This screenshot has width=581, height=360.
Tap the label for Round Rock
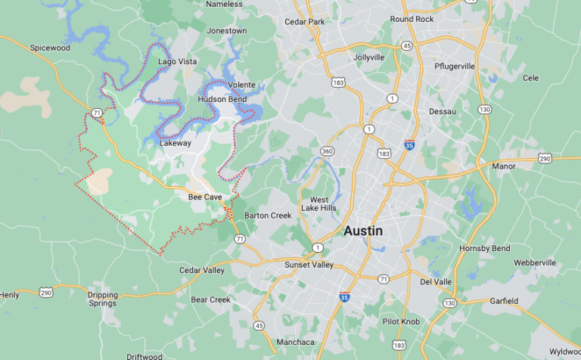click(x=412, y=19)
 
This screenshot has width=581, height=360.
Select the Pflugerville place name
click(x=455, y=66)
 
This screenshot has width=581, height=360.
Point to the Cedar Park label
click(x=304, y=22)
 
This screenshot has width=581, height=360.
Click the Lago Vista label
click(x=177, y=61)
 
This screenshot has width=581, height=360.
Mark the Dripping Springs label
click(x=102, y=299)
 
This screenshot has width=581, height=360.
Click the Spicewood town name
click(x=49, y=48)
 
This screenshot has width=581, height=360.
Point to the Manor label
click(x=503, y=166)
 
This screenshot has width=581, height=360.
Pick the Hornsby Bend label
click(x=484, y=248)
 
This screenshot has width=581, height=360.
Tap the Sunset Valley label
click(x=309, y=265)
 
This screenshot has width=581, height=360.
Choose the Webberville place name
click(x=535, y=262)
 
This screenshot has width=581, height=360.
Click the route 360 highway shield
click(x=328, y=152)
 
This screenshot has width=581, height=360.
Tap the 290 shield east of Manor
click(x=545, y=158)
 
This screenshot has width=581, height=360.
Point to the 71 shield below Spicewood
click(x=96, y=113)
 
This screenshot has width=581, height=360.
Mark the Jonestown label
click(x=227, y=31)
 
